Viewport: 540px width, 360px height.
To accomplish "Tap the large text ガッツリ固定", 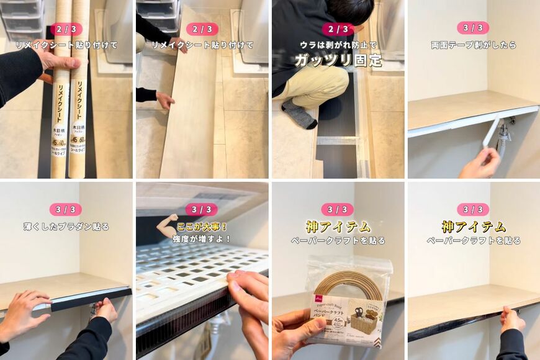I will point(338,61).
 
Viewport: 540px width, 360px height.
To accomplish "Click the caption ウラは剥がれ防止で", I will point(338,45).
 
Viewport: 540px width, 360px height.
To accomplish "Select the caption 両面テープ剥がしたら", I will point(473,45).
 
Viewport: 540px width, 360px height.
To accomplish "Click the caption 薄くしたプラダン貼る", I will point(66,227).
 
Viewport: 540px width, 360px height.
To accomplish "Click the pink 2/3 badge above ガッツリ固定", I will point(338,29).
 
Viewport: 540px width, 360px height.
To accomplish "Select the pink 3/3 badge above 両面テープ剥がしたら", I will point(473,28).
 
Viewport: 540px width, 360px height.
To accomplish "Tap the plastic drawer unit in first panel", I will point(22,19).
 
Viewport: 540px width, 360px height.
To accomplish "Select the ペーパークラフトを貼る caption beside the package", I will point(338,240).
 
